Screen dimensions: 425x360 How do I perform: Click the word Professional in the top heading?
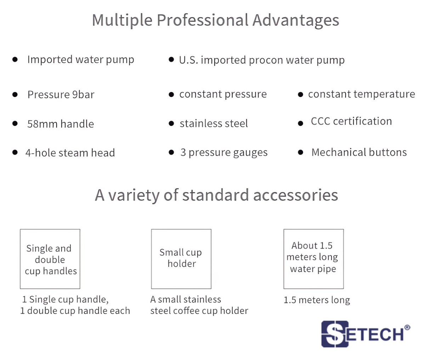[203, 20]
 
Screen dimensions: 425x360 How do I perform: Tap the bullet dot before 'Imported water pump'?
[15, 59]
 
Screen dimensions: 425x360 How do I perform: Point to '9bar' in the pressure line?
[83, 95]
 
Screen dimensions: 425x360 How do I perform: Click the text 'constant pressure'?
[223, 95]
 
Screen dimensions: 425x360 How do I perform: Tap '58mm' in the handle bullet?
[42, 124]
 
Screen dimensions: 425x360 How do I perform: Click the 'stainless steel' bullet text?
[214, 124]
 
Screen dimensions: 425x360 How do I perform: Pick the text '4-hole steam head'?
[70, 153]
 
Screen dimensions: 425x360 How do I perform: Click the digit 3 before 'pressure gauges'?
[183, 153]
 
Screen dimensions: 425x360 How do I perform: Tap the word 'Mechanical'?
[339, 153]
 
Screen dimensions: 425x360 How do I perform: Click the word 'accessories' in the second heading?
[295, 195]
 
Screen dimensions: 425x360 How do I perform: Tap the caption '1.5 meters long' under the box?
[317, 300]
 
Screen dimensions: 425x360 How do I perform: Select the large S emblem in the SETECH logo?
[335, 334]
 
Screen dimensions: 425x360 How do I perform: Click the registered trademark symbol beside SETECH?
[407, 327]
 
